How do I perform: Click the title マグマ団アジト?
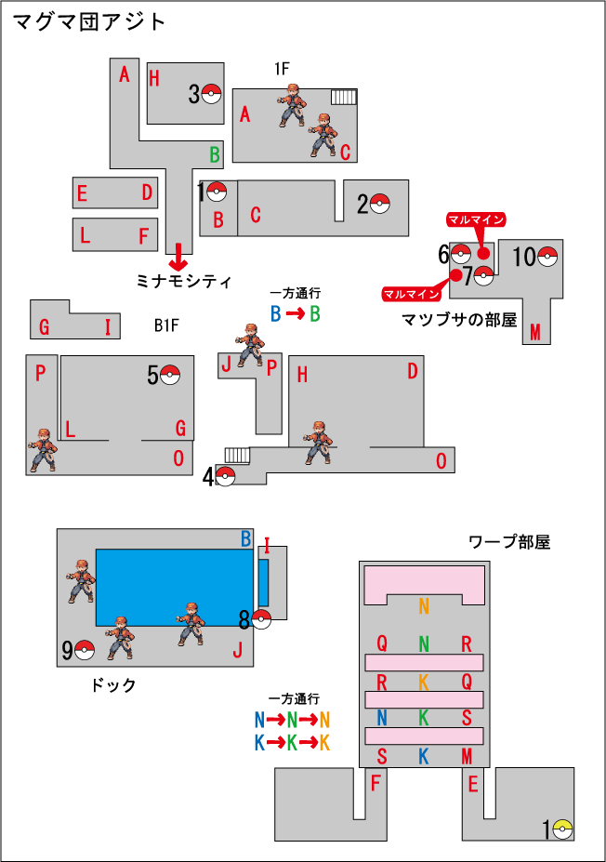click(x=88, y=22)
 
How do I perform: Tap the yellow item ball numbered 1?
click(x=562, y=829)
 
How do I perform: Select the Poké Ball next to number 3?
click(x=212, y=94)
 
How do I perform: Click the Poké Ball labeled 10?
click(x=547, y=256)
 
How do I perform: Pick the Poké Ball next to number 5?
click(x=170, y=375)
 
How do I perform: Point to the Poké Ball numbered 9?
click(x=84, y=650)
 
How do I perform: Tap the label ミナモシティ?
click(x=183, y=282)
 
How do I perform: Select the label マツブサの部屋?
click(x=459, y=319)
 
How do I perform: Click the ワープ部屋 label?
click(x=509, y=542)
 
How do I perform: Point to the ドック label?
click(x=113, y=685)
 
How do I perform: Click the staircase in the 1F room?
click(x=344, y=98)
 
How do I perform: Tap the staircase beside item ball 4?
click(x=237, y=456)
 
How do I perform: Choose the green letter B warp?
click(x=215, y=155)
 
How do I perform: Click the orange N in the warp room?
click(x=424, y=606)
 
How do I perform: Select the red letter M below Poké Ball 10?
click(x=535, y=331)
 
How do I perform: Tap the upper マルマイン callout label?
click(x=476, y=219)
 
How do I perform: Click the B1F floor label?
click(x=166, y=325)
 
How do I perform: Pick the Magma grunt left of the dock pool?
click(x=81, y=581)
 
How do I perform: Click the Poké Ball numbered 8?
click(x=261, y=619)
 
